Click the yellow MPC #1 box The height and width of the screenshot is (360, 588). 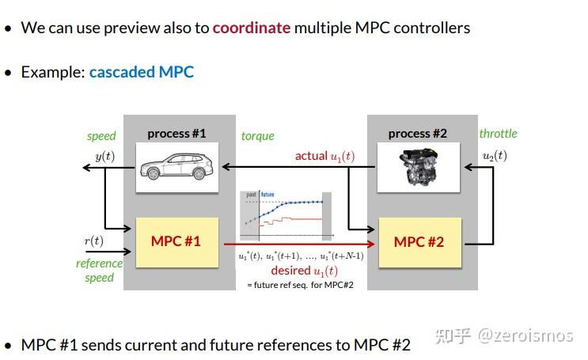pos(176,241)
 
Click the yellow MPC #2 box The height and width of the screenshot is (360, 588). pos(419,241)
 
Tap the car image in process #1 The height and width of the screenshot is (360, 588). pos(176,167)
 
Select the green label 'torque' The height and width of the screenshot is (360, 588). pos(257,136)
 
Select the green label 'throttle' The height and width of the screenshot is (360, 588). pos(498,134)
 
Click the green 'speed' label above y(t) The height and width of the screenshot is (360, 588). pos(101,136)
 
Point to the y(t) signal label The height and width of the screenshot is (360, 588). pos(104,156)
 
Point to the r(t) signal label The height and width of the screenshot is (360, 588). pos(93,241)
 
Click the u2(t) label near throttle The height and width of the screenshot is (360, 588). pos(495,155)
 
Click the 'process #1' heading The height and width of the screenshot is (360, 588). pos(176,134)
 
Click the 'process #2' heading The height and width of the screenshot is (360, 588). pos(418,134)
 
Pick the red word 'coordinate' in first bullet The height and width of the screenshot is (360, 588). pos(252,28)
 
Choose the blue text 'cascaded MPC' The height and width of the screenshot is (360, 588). pos(141,72)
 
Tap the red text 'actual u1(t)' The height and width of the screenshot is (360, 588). pos(324,156)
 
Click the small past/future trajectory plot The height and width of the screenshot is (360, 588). pos(286,214)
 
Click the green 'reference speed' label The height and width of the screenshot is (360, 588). pos(99,271)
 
